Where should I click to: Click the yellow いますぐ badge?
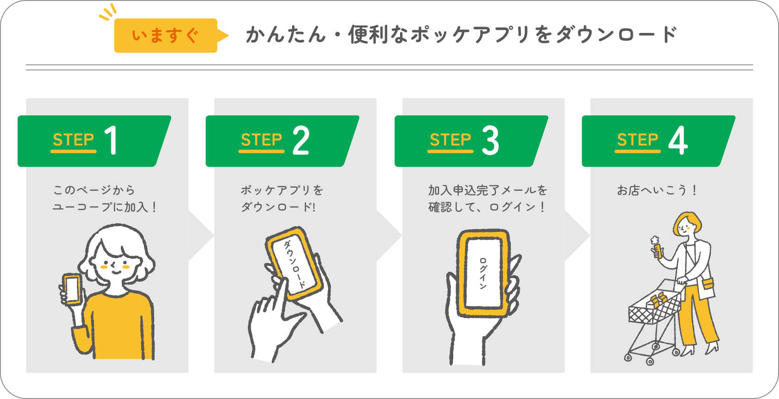click(165, 36)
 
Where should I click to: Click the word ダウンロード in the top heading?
click(616, 35)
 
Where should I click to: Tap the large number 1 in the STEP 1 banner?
click(111, 140)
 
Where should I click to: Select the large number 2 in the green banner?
click(301, 140)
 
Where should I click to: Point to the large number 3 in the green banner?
click(490, 140)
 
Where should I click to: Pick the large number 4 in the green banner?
click(678, 140)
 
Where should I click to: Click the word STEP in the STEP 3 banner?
click(450, 140)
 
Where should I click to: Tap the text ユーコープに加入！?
click(105, 207)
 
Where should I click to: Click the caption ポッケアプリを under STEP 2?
click(282, 190)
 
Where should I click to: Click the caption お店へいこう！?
click(657, 190)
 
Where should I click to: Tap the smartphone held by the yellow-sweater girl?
click(72, 289)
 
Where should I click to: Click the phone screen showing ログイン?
click(483, 273)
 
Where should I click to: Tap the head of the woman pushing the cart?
click(686, 225)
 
